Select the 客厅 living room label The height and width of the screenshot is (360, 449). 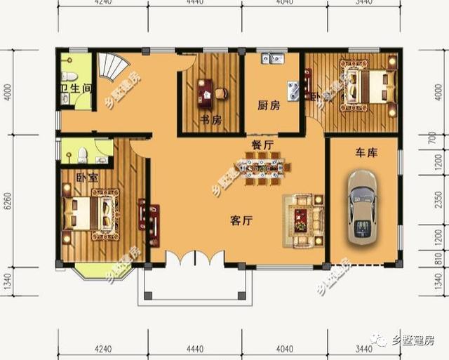241,220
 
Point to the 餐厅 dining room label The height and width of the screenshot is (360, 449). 262,144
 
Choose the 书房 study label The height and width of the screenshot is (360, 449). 210,120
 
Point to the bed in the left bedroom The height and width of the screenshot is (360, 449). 91,213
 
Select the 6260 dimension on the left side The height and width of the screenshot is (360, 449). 8,200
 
